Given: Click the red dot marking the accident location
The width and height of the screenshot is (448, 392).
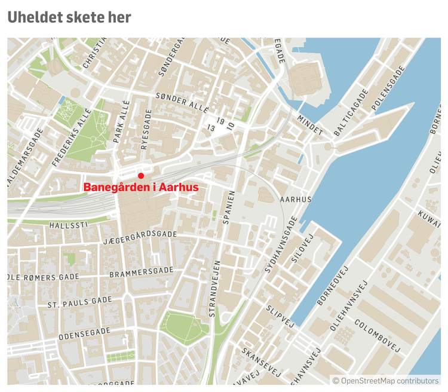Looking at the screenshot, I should pos(141,176).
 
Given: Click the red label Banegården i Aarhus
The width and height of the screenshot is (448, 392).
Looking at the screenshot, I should pos(141,188).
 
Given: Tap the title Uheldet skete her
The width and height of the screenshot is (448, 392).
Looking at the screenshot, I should pos(69,17).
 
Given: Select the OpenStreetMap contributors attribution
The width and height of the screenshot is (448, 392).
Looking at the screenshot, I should pos(385,381).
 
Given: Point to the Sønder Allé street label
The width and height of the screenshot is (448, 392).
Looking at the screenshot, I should pos(182,102).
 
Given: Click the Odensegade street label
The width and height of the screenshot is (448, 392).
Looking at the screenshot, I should pos(84,333).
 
